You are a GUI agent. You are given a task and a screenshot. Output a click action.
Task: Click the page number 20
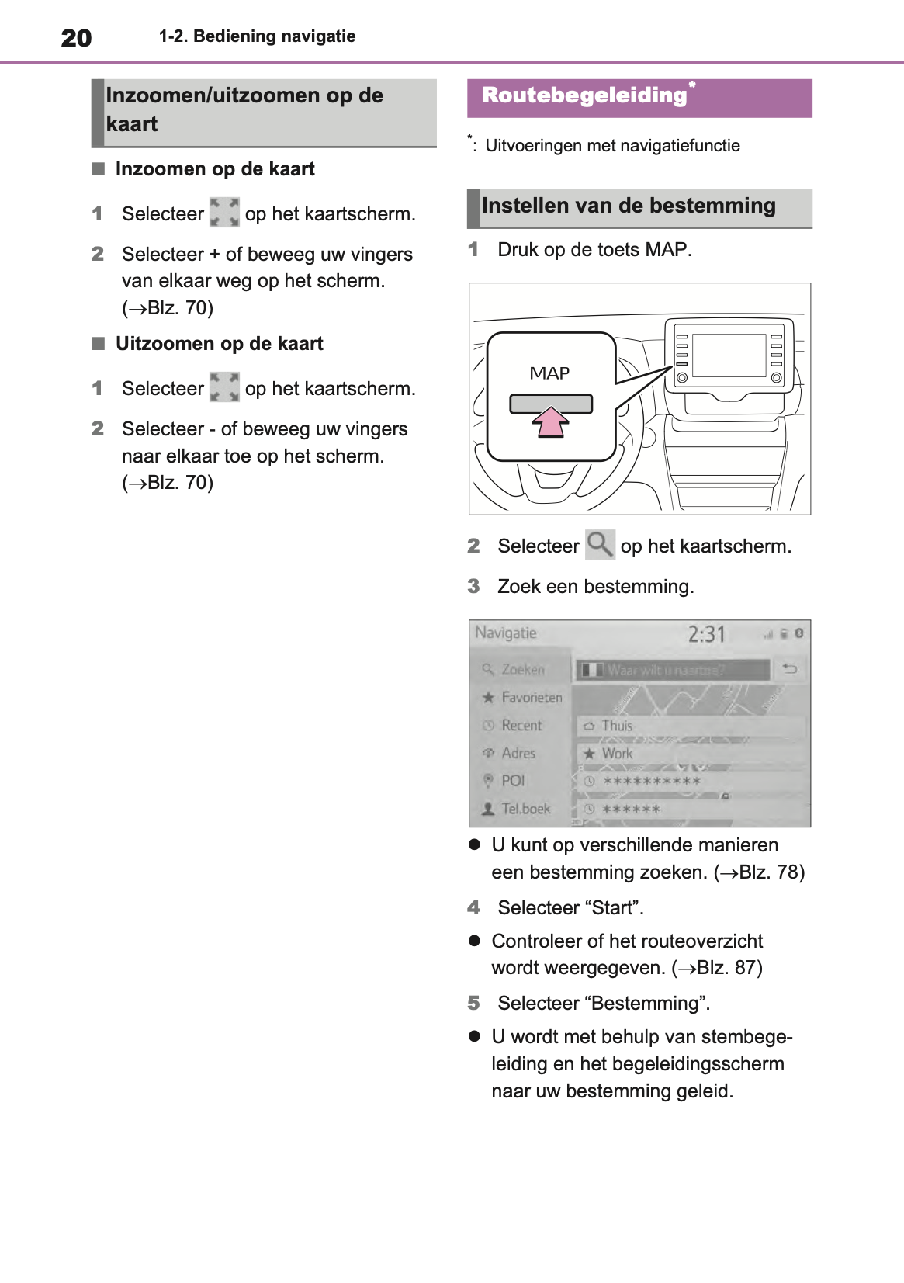point(76,38)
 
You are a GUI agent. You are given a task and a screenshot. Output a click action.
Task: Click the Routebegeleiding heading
point(584,95)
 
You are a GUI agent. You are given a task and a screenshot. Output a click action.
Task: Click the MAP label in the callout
point(549,373)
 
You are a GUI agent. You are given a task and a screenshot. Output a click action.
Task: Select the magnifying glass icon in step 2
point(600,545)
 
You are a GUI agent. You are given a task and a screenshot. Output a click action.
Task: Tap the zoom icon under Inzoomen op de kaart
point(224,213)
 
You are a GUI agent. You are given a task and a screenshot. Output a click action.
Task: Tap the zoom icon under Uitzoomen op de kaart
point(224,387)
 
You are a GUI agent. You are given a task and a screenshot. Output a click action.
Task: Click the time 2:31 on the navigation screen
point(706,635)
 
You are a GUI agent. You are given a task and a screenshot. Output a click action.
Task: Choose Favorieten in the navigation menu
point(531,697)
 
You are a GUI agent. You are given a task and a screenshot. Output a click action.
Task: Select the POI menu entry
point(512,780)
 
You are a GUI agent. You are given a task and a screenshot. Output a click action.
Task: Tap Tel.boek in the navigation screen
point(525,808)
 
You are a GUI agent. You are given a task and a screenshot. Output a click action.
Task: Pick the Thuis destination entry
point(617,726)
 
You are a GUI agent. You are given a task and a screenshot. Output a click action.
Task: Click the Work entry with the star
point(617,753)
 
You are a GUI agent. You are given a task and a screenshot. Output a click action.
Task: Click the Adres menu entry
point(518,753)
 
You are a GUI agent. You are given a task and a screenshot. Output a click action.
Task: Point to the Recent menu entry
point(521,725)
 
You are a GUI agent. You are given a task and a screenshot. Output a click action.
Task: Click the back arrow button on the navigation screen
point(790,668)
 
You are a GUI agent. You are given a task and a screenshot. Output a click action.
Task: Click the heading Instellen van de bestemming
point(629,206)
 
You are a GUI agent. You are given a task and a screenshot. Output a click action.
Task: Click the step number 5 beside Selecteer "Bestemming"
point(474,1003)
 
